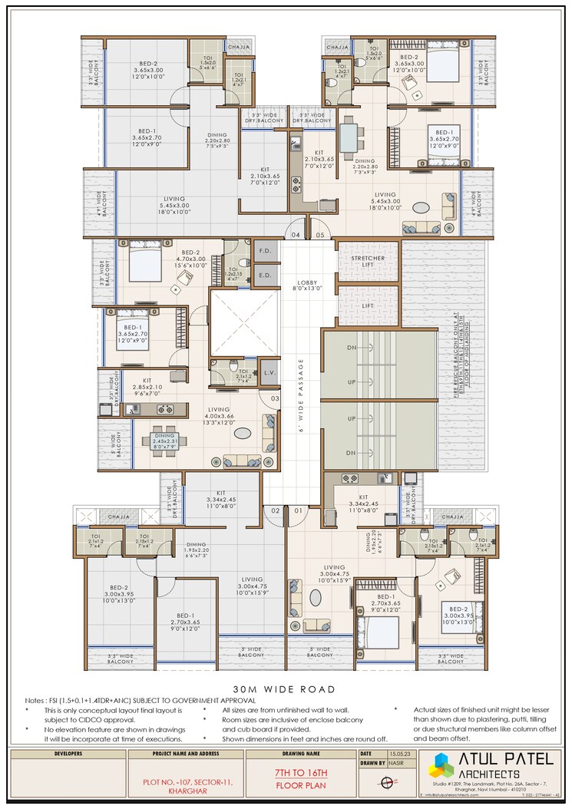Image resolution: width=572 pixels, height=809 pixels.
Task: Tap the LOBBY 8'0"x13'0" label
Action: pyautogui.click(x=307, y=286)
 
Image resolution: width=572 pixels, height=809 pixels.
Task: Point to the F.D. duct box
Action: pyautogui.click(x=266, y=250)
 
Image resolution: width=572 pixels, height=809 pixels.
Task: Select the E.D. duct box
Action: pyautogui.click(x=266, y=275)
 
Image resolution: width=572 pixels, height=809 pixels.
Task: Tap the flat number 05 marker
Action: pyautogui.click(x=320, y=234)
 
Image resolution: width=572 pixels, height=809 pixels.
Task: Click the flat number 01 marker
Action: pyautogui.click(x=297, y=510)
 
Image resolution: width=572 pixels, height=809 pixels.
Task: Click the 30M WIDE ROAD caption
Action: pyautogui.click(x=286, y=688)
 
